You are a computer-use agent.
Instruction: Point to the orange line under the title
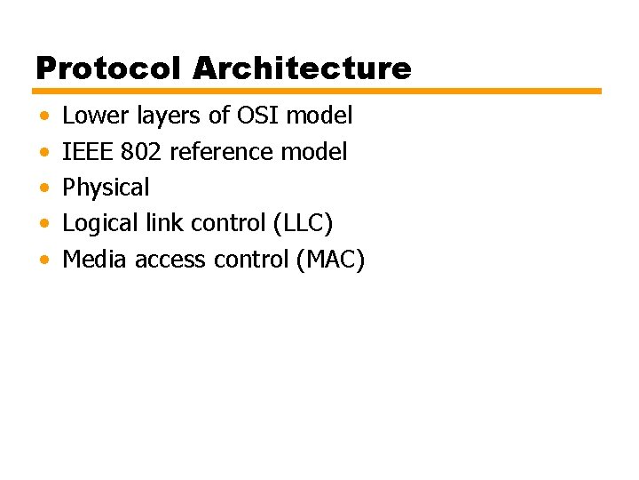tap(318, 91)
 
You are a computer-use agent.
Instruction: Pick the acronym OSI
tap(254, 116)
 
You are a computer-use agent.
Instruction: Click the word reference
tap(222, 152)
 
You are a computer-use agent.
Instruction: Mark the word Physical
tap(106, 188)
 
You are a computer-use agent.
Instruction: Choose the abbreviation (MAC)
tap(331, 260)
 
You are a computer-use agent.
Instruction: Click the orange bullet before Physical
tap(44, 189)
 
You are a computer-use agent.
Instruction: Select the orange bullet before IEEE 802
tap(44, 153)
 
